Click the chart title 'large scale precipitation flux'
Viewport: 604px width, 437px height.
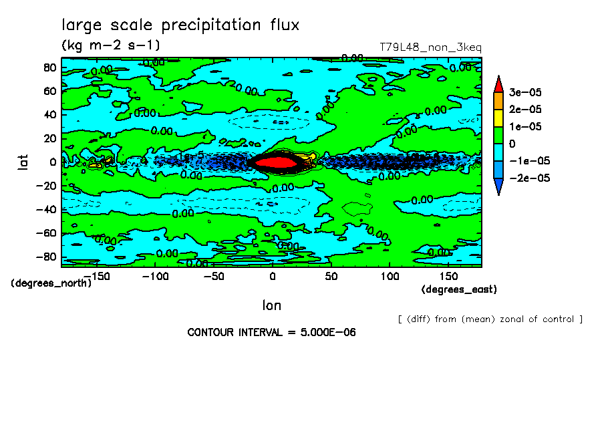tap(180, 25)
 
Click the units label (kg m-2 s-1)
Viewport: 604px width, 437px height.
tap(110, 45)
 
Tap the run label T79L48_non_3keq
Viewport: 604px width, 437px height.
tap(430, 47)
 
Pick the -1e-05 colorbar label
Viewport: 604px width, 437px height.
tap(527, 160)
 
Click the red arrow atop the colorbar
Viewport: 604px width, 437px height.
tap(498, 84)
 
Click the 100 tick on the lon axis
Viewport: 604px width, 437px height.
tap(390, 275)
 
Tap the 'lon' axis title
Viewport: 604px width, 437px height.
tap(271, 305)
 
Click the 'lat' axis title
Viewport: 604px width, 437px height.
tap(23, 161)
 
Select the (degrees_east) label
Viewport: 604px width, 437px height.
tap(459, 289)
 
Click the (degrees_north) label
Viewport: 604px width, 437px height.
tap(51, 283)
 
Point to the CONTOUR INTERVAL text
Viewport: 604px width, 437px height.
tap(271, 332)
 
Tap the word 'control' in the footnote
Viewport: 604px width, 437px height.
tap(557, 319)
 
